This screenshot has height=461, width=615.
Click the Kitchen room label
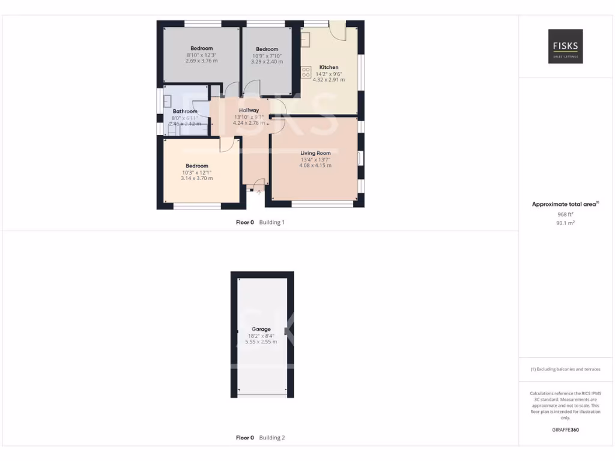click(329, 67)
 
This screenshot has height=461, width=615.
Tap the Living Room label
click(316, 153)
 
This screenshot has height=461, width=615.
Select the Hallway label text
click(249, 110)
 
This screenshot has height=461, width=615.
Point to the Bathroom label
click(185, 112)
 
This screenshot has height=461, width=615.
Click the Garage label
click(261, 329)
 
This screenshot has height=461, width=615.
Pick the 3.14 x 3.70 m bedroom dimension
click(197, 178)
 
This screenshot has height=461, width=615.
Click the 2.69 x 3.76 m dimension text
click(202, 61)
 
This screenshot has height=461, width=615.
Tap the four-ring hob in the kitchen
click(306, 72)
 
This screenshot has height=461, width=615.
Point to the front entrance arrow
click(259, 192)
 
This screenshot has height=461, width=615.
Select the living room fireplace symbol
click(359, 158)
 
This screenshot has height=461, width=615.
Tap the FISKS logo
click(565, 46)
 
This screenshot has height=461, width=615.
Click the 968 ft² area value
click(565, 214)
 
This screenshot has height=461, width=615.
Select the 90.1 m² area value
click(565, 223)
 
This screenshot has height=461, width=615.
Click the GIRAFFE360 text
click(565, 430)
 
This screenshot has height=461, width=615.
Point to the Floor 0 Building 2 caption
click(260, 438)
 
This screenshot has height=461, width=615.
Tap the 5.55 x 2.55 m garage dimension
click(261, 342)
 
